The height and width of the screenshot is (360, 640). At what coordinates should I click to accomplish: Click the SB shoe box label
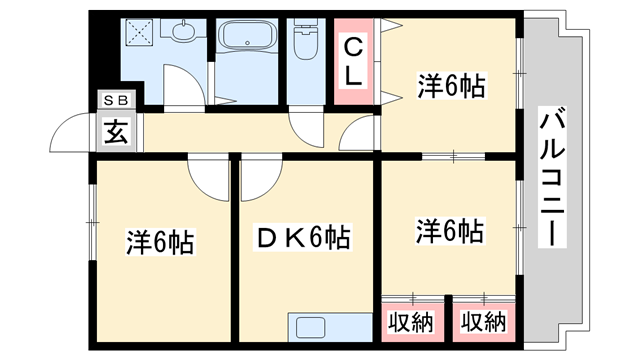(114, 101)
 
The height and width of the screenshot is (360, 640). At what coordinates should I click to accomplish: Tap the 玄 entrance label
(115, 130)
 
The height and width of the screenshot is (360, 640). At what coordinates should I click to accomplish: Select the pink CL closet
(355, 61)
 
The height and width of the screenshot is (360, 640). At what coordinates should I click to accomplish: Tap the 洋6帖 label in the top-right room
(450, 88)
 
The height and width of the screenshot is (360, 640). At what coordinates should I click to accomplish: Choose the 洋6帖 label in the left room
(160, 242)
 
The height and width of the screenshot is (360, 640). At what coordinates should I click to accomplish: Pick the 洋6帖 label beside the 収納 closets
(450, 232)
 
